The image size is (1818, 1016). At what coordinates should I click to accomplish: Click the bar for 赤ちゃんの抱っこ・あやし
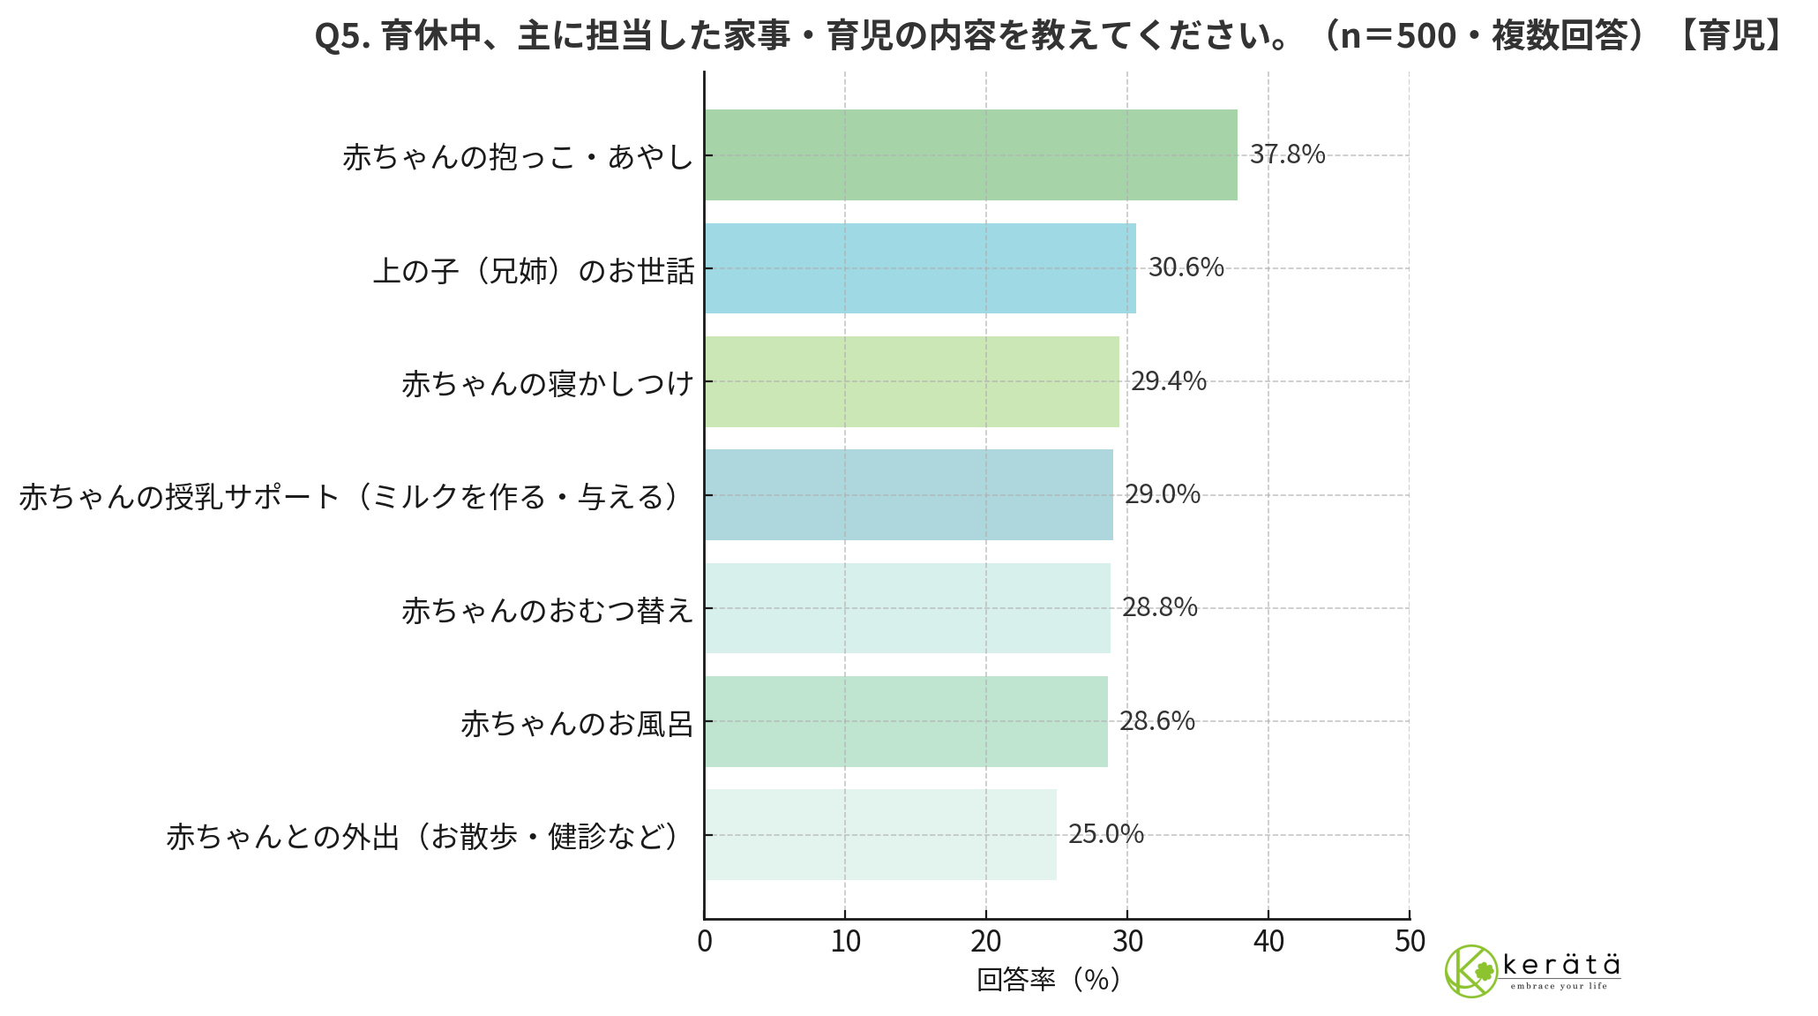coord(970,154)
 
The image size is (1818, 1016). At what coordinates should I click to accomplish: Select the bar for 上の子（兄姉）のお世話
coord(920,268)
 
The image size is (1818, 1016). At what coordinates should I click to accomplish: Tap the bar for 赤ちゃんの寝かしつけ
coord(911,381)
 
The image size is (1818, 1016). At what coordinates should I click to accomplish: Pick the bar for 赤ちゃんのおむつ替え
coord(907,608)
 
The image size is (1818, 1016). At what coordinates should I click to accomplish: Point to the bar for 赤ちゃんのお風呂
coord(906,721)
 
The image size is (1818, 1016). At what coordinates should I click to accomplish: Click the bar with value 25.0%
coord(880,834)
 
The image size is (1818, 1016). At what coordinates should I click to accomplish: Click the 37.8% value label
coord(1287,154)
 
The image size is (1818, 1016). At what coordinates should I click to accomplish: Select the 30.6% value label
coord(1186,267)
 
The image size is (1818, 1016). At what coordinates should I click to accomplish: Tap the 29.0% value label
coord(1162,494)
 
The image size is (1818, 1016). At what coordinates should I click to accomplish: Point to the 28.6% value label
coord(1156,721)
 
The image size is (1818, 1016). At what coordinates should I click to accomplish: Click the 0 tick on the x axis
coord(704,942)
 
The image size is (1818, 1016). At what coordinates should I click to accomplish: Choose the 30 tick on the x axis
coord(1127,942)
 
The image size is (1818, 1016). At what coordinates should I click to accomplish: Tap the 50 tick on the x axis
coord(1410,942)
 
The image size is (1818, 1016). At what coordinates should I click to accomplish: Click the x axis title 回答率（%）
coord(1048,980)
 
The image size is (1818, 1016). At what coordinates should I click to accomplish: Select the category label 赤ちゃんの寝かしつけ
coord(548,383)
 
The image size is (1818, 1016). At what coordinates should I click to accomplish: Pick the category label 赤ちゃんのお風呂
coord(577,724)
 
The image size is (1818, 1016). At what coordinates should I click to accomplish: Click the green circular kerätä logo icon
coord(1470,971)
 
